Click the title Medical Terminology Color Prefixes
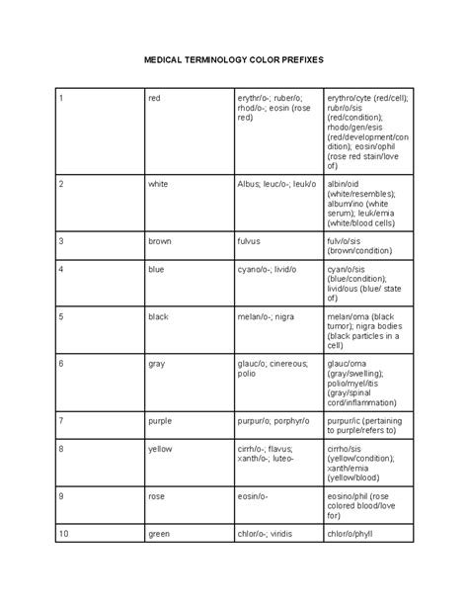click(x=234, y=59)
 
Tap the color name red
click(x=154, y=98)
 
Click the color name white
click(x=158, y=184)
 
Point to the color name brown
click(x=160, y=240)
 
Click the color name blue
click(x=156, y=269)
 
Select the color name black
click(x=159, y=316)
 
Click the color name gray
click(x=156, y=363)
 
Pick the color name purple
click(x=160, y=420)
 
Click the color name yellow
click(x=160, y=448)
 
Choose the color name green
click(x=159, y=534)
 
